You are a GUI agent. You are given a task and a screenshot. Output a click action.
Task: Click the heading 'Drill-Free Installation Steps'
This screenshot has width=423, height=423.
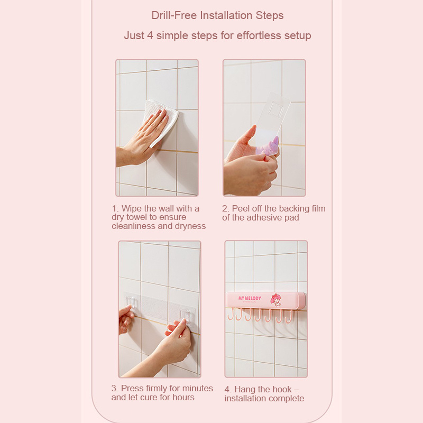pyautogui.click(x=217, y=15)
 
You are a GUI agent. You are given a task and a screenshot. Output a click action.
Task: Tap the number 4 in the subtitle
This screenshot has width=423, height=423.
pyautogui.click(x=150, y=35)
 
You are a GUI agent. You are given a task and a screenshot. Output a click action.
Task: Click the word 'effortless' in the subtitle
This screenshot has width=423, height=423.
pyautogui.click(x=259, y=35)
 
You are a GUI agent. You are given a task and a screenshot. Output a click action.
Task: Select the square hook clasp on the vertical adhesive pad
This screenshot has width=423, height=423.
pyautogui.click(x=276, y=109)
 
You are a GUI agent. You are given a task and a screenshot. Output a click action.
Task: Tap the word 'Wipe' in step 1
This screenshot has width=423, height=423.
pyautogui.click(x=132, y=208)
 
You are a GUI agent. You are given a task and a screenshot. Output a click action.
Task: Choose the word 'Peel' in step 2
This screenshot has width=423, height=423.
pyautogui.click(x=240, y=208)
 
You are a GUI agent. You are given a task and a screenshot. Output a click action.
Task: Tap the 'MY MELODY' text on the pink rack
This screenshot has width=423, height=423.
pyautogui.click(x=250, y=298)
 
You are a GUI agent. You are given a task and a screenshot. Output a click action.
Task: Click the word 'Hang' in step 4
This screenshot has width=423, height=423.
pyautogui.click(x=245, y=389)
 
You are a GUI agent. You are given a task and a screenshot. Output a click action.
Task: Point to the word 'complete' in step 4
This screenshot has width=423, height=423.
pyautogui.click(x=286, y=399)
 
